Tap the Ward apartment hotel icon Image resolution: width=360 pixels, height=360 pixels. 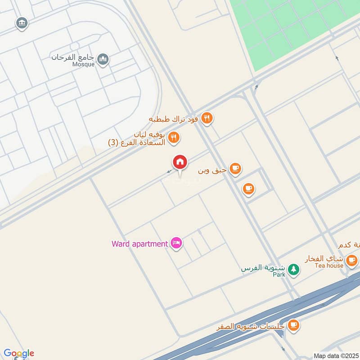coord(176,243)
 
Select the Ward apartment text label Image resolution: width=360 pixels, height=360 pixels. coord(139,244)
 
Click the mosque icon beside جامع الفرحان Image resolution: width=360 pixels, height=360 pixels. coord(103,59)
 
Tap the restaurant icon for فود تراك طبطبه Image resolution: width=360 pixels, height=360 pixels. coord(207,118)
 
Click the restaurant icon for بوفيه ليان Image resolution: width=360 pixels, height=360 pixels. coord(174,138)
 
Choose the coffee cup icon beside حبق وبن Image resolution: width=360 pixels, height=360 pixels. coord(235,169)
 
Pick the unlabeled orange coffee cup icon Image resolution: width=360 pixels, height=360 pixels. coord(248,189)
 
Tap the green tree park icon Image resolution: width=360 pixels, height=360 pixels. coord(293,269)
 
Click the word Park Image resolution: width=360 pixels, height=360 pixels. coord(279,274)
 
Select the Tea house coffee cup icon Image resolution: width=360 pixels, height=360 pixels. coord(351,260)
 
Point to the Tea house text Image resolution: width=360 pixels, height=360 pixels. coord(329,265)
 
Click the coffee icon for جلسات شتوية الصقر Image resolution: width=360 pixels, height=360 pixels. coord(293,324)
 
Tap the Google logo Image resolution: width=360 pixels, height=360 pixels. coord(19,353)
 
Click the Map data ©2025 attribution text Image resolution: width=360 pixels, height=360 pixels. coord(335,355)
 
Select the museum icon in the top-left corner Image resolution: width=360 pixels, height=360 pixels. coord(22,23)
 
